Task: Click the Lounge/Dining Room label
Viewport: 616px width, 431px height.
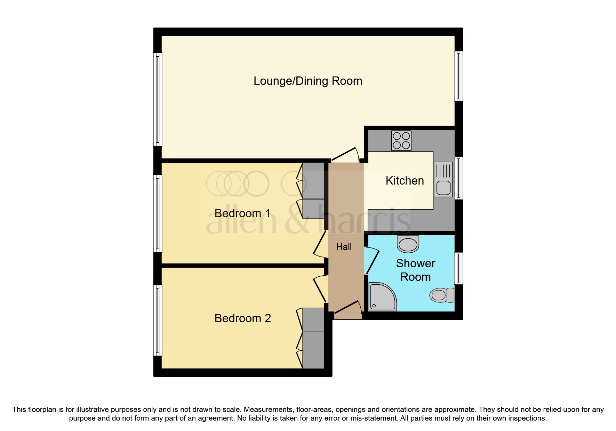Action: coord(308,81)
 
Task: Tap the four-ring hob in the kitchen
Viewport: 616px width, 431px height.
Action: coord(401,140)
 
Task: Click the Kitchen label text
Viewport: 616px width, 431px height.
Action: coord(405,181)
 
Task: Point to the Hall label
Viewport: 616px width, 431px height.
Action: coord(344,247)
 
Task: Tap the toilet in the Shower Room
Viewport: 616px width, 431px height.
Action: coord(442,295)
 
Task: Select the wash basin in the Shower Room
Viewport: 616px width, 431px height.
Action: coord(408,244)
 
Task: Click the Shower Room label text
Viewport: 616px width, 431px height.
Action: coord(415,270)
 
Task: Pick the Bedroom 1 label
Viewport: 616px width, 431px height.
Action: coord(242,213)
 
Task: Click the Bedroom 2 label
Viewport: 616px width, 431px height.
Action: coord(242,318)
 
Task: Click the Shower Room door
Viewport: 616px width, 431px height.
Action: coord(371,261)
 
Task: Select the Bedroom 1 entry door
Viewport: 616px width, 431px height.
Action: coord(319,244)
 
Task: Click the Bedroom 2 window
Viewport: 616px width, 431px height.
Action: coord(158,320)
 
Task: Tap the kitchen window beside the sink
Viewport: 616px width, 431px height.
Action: coord(459,178)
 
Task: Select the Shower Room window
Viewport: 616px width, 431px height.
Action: coord(459,268)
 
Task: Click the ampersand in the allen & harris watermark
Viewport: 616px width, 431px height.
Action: coord(297,220)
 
